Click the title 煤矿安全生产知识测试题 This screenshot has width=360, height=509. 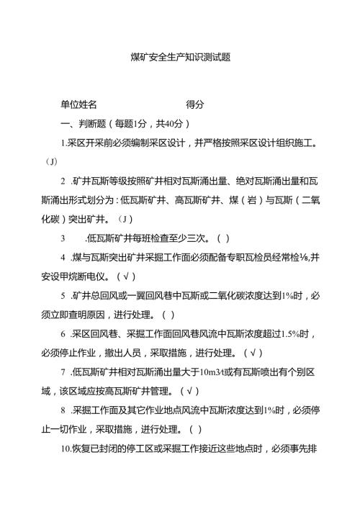tap(180, 58)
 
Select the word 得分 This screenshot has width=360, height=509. tap(195, 104)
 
